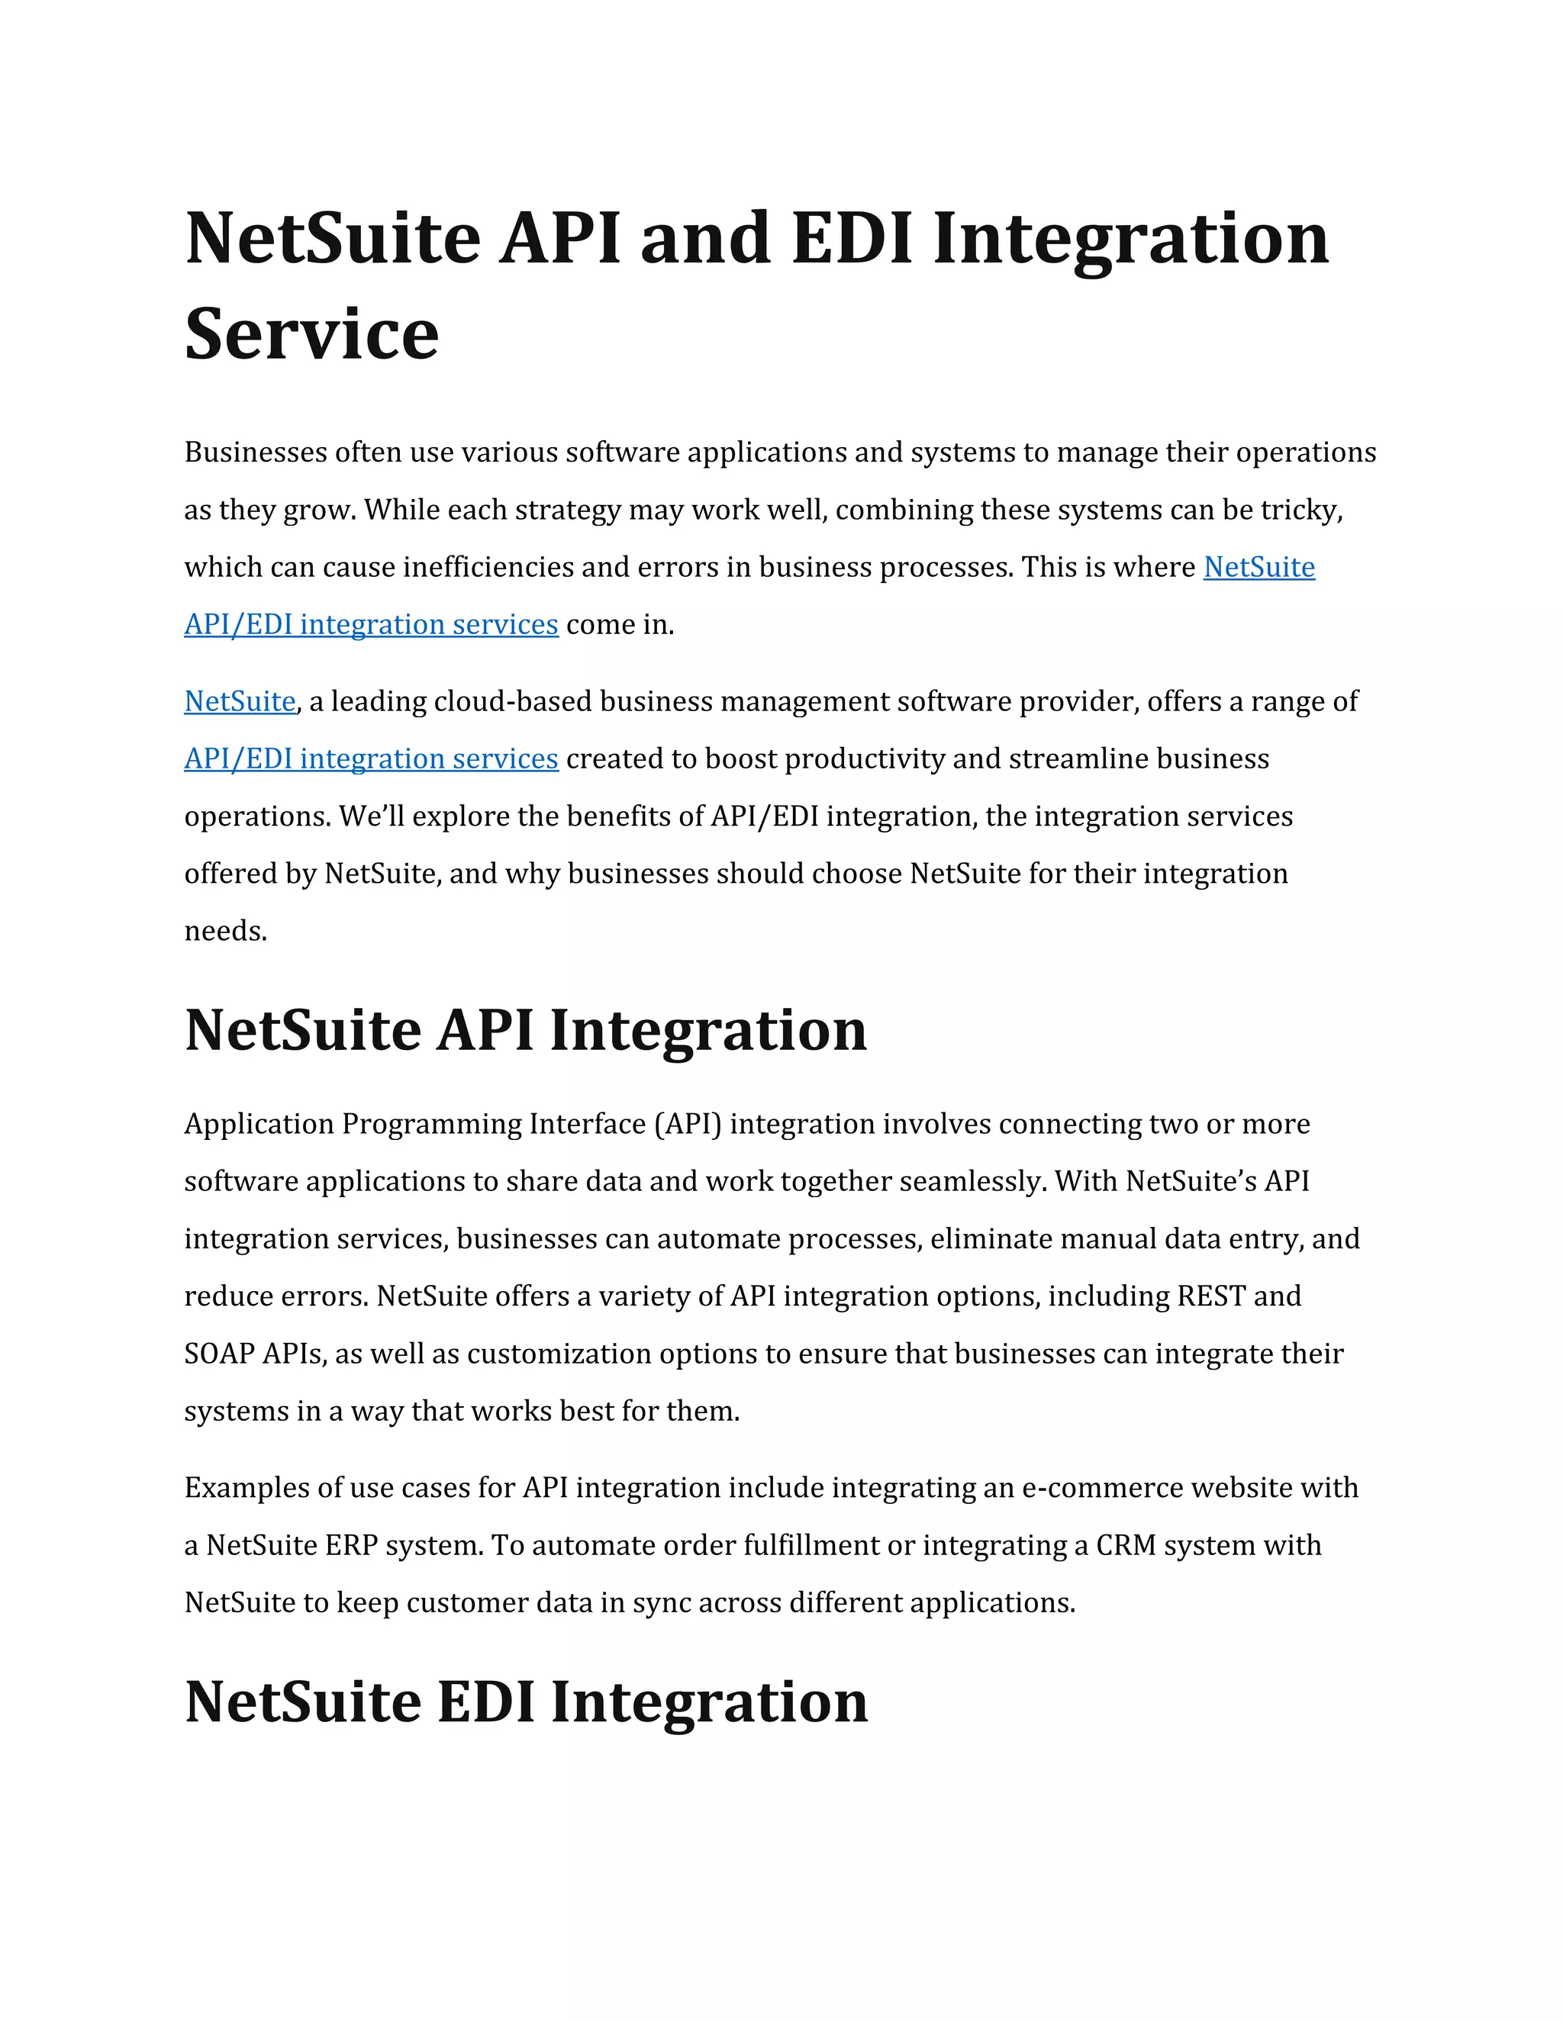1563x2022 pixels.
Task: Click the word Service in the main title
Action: coord(311,334)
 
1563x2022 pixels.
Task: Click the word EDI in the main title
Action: coord(852,238)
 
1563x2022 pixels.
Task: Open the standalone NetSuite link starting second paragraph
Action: coord(240,701)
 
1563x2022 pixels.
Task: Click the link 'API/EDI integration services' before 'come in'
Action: coord(370,624)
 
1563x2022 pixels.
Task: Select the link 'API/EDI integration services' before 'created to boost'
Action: coord(370,758)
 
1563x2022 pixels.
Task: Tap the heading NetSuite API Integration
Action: coord(525,1029)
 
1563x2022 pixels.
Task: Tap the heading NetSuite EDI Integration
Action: coord(525,1701)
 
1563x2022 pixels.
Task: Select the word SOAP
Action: coord(218,1354)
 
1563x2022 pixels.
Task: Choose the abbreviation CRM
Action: coord(1125,1545)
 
